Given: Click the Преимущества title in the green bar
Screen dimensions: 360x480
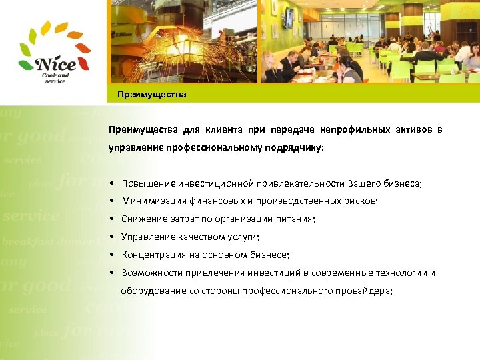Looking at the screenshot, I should [152, 95].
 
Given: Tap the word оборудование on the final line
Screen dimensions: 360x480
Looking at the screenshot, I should [149, 291].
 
